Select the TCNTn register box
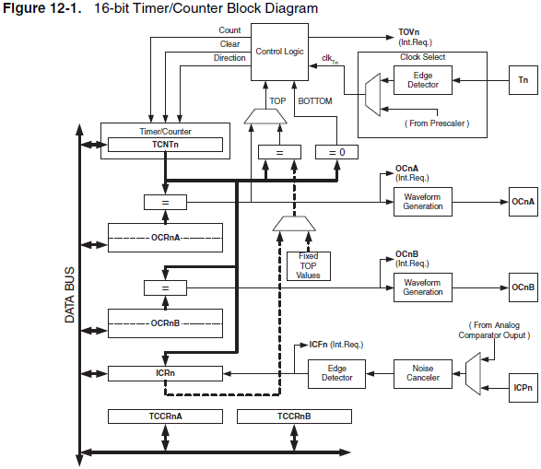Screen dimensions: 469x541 (165, 145)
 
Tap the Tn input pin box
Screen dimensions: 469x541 (523, 81)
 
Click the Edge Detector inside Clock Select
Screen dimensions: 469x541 (423, 81)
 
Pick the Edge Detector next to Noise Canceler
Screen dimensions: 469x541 (335, 373)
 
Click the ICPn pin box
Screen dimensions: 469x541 (523, 388)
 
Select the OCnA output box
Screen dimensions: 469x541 (523, 201)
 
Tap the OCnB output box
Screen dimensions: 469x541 (523, 287)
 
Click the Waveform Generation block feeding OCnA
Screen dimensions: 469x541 (423, 201)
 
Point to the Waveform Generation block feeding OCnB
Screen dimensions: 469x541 (423, 287)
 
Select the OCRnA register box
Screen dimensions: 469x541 (165, 237)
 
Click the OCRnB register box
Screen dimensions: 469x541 (165, 323)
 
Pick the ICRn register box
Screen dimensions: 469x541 (165, 373)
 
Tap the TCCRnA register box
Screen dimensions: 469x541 (165, 416)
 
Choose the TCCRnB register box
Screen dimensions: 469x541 (294, 416)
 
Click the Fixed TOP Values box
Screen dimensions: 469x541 (308, 265)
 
